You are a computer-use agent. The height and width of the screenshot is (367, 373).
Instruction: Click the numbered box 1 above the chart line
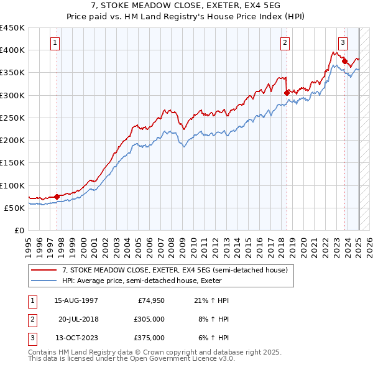point(56,43)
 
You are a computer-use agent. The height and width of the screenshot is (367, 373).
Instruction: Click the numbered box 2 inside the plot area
point(285,43)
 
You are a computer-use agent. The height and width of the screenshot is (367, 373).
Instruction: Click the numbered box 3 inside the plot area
point(343,43)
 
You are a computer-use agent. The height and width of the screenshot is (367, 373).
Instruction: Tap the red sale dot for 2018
point(287,93)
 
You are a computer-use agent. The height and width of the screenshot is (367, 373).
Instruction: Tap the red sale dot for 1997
point(57,197)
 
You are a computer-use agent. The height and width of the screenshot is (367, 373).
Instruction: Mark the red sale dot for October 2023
point(344,61)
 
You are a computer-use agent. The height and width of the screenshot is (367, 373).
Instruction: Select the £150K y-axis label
point(12,163)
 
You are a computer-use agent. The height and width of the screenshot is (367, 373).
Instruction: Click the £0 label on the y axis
point(19,231)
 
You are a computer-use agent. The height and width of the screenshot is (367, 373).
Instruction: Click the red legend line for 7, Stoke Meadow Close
point(43,271)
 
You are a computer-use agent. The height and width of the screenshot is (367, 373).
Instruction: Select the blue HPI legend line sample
point(43,281)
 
